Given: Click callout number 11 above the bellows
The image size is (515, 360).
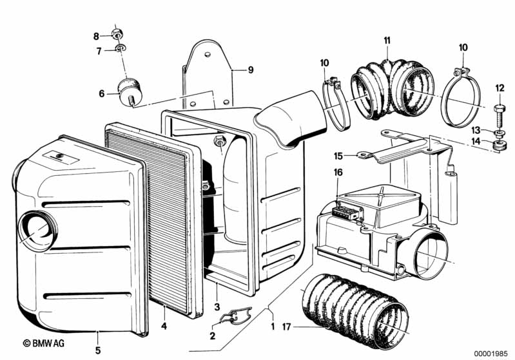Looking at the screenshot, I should (387, 41).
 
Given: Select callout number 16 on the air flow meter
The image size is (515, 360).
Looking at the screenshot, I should (338, 172).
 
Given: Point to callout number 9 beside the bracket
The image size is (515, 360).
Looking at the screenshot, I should (251, 70).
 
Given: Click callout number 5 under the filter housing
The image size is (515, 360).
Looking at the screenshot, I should (98, 333).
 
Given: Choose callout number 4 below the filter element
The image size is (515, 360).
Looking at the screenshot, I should (164, 327).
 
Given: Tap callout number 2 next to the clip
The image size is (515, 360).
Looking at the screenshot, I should (213, 336).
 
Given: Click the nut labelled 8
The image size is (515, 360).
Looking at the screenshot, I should (118, 33).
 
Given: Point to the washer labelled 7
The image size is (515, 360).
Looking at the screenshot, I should (121, 49).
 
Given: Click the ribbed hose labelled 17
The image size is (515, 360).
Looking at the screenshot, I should (355, 309).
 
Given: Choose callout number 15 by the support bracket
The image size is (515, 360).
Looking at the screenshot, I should (338, 155).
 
